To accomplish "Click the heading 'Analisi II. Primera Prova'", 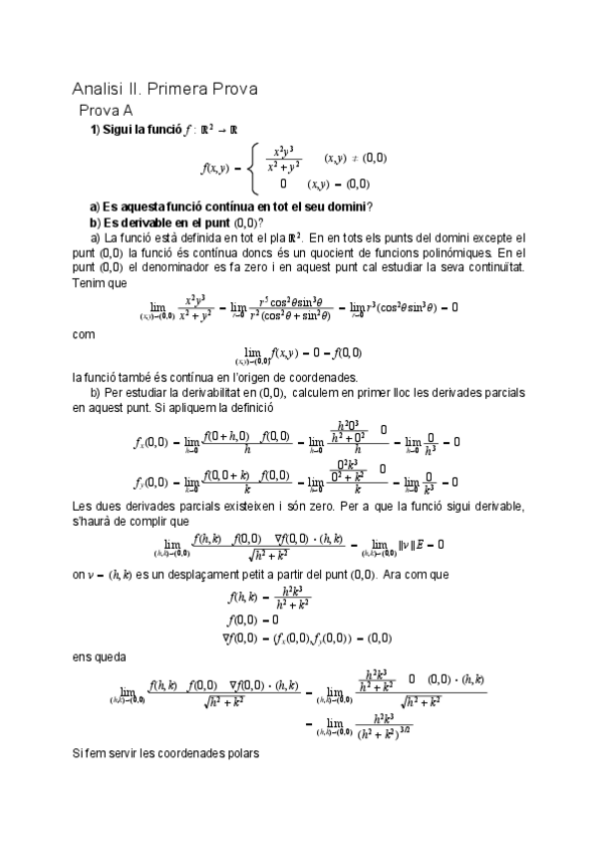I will click(165, 89).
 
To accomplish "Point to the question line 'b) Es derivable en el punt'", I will click(176, 221).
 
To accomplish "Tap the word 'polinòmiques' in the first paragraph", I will click(462, 253).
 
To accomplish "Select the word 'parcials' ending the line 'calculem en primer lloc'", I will click(499, 393).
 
